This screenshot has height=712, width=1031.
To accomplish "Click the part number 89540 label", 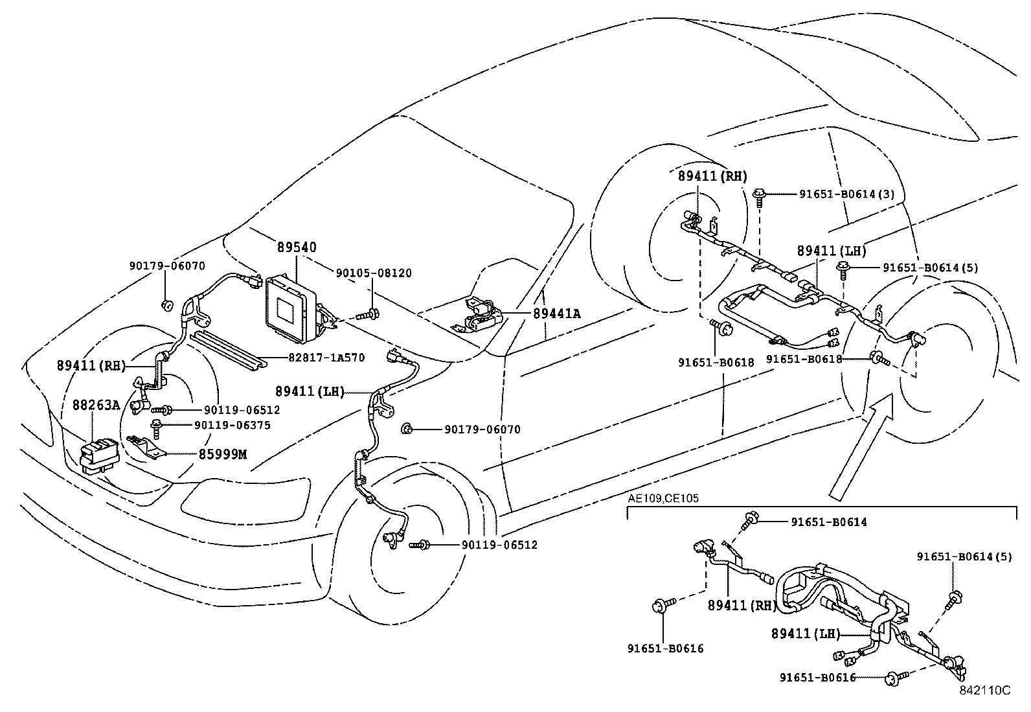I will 297,247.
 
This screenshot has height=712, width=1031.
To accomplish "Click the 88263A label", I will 96,406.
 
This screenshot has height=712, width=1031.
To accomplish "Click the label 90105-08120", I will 373,273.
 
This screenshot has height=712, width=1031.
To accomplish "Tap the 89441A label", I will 557,314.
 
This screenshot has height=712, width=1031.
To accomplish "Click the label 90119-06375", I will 232,425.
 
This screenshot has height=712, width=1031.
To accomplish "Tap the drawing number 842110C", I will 984,690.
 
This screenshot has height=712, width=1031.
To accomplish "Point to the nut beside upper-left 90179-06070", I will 167,305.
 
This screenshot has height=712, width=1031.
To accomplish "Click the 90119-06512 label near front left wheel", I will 499,545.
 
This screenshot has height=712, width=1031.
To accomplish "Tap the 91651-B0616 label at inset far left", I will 665,648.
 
